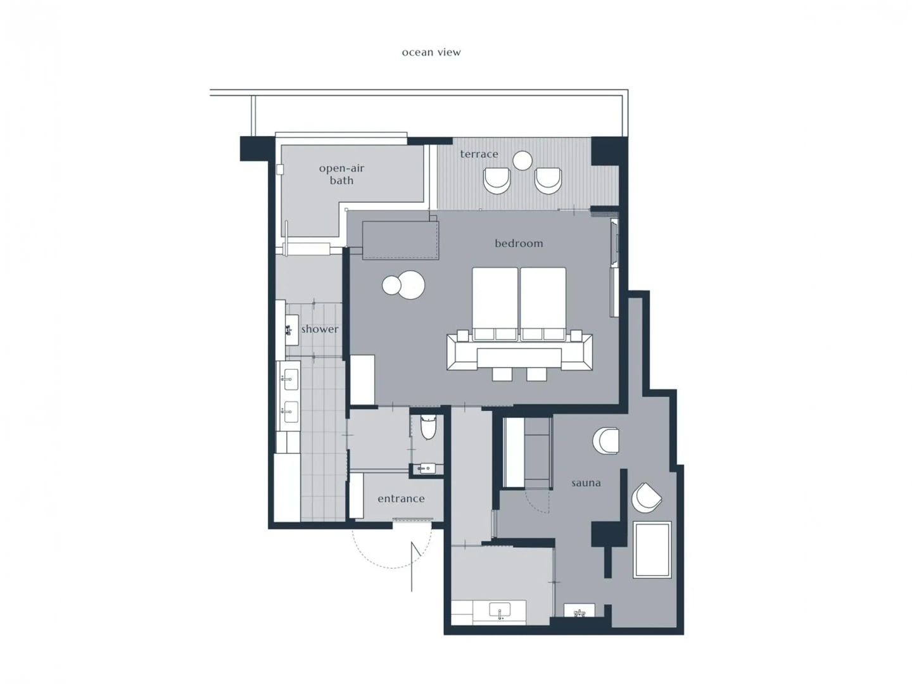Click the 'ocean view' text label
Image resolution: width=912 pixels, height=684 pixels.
(431, 53)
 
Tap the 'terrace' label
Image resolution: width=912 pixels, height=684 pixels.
(479, 154)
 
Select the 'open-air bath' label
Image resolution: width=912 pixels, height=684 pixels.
(341, 174)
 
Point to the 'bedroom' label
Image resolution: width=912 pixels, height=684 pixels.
(519, 243)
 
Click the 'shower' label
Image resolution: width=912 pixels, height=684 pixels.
(319, 329)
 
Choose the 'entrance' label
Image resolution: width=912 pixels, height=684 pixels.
(400, 498)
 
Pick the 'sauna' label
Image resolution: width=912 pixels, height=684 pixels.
(585, 483)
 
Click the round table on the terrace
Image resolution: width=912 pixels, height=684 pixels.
(522, 160)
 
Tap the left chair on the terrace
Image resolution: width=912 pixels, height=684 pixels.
(497, 180)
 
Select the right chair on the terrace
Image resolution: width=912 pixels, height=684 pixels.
(548, 180)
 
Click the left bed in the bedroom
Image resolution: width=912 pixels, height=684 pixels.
(495, 304)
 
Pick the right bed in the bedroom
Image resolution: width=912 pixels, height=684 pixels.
(543, 304)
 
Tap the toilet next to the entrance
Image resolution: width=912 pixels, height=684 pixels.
(428, 426)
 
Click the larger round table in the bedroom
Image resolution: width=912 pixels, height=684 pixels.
(411, 284)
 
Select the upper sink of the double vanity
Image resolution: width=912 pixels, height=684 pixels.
(289, 379)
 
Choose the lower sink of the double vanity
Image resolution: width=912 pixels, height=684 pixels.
(289, 412)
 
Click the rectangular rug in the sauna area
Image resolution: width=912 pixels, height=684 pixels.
(652, 550)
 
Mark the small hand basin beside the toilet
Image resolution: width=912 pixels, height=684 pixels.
(426, 469)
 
